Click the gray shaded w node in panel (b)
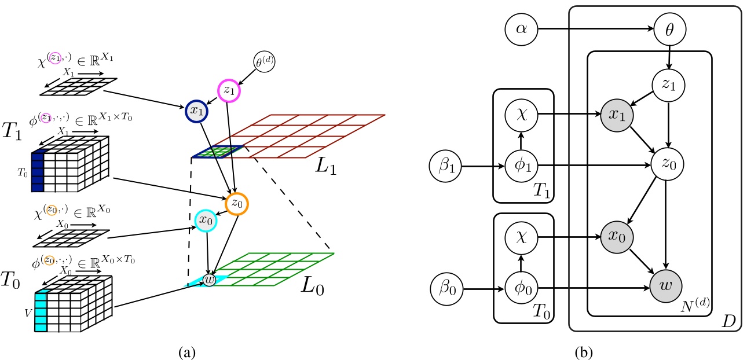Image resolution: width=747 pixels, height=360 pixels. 669,285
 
